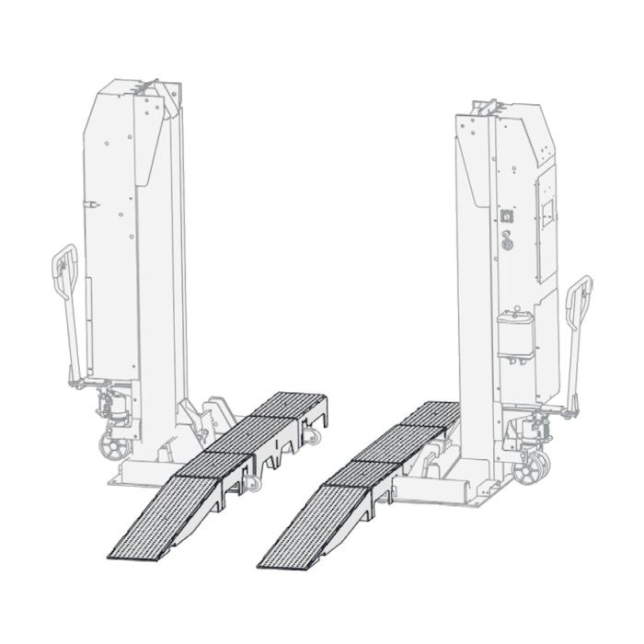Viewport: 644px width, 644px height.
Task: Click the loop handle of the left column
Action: pos(63,276)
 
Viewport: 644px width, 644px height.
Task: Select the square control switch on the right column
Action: pos(505,213)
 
